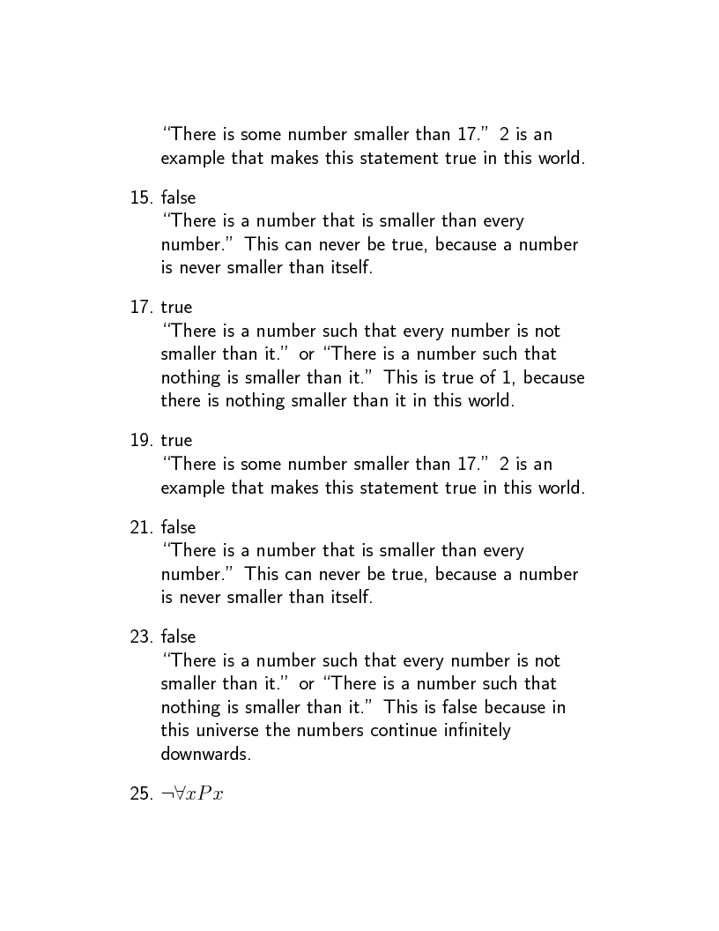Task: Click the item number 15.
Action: (x=141, y=197)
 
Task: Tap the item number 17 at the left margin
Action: (x=141, y=308)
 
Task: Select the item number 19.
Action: (x=141, y=440)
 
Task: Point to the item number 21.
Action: (x=141, y=527)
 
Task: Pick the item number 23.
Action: (x=141, y=637)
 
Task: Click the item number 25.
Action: (x=141, y=793)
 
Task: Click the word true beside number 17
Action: (x=176, y=308)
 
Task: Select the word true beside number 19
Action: (x=176, y=440)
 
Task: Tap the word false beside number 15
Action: (x=178, y=197)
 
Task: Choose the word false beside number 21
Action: (x=178, y=527)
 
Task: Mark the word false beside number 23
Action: (x=178, y=637)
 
